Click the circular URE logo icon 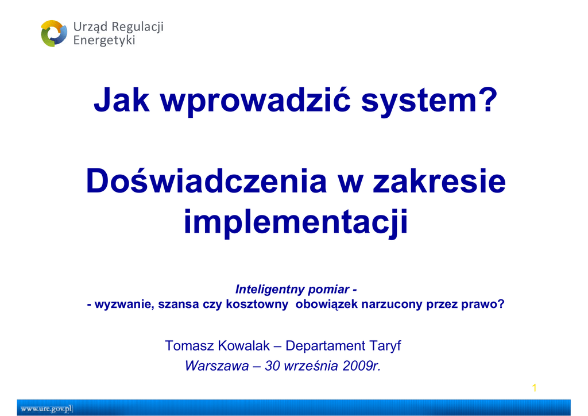(54, 33)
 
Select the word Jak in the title (122, 100)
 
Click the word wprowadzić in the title (256, 100)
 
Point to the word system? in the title (429, 100)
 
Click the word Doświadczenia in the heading (207, 181)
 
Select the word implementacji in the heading (296, 222)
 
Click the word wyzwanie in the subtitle (124, 304)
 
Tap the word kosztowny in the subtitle (257, 304)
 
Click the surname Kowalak (243, 346)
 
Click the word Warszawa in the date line (216, 366)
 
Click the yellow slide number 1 (535, 388)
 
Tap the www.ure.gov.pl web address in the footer (47, 409)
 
